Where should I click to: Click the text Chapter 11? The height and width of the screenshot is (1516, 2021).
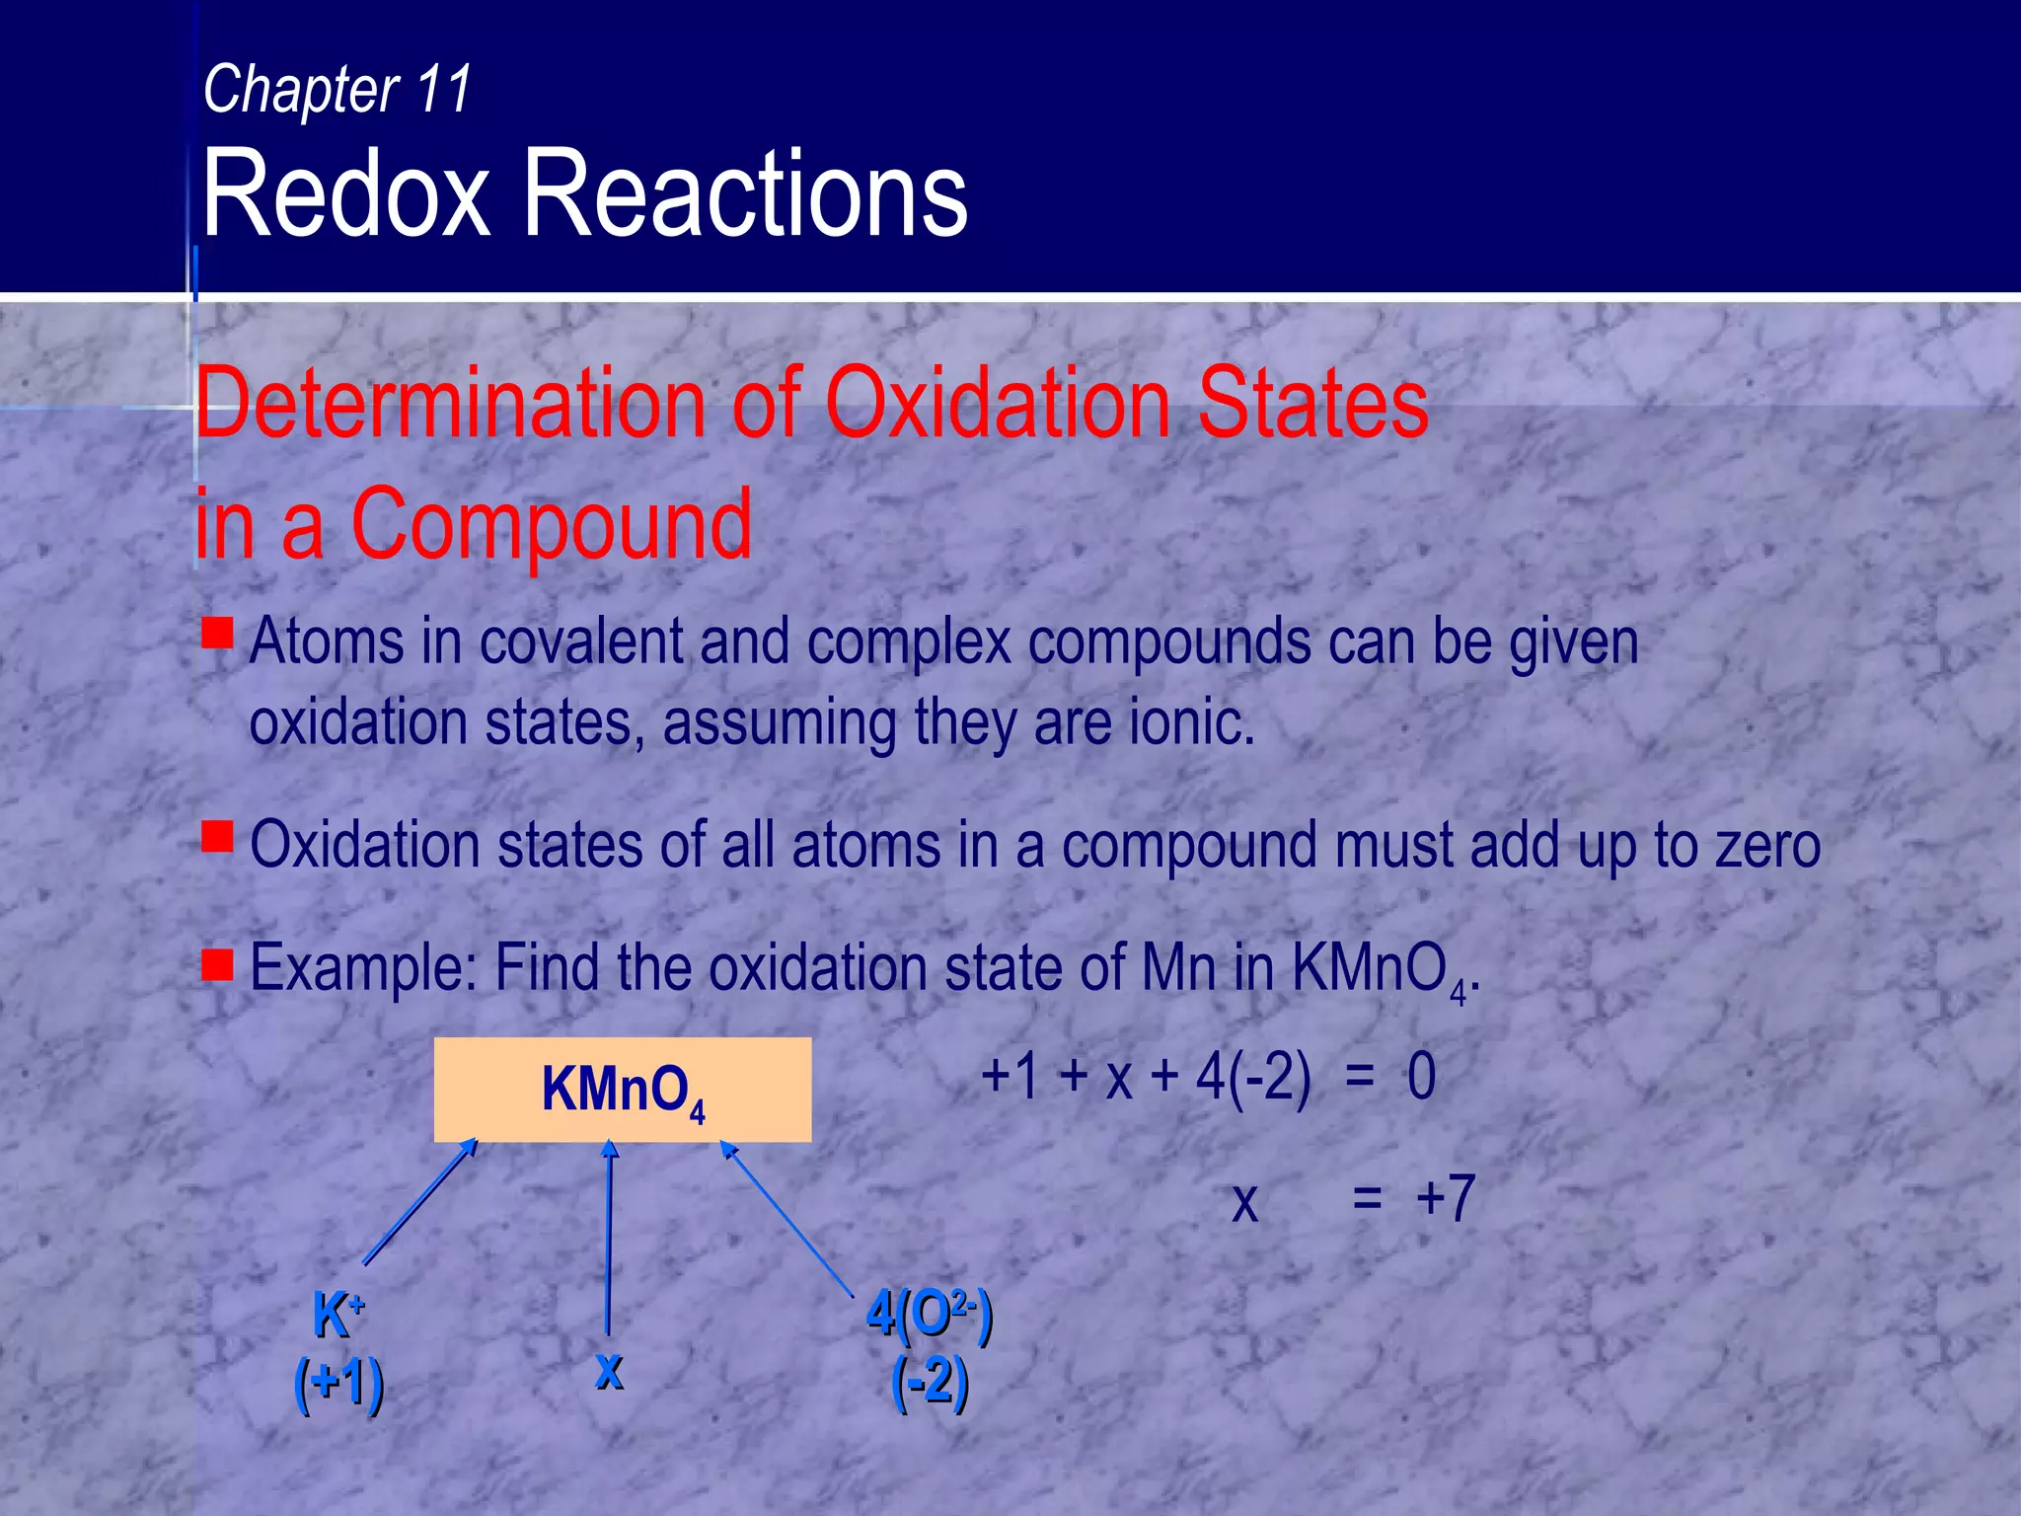pos(337,90)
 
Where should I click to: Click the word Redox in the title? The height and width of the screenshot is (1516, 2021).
pos(345,193)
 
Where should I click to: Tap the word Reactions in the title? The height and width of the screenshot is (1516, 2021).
pos(745,193)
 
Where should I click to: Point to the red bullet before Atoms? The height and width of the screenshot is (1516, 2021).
pos(217,633)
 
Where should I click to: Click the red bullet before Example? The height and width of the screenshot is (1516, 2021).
pos(217,965)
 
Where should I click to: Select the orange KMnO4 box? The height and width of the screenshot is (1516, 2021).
pos(623,1090)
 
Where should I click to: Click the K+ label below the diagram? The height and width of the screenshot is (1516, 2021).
pos(338,1315)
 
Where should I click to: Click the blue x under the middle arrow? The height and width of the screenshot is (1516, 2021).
pos(609,1370)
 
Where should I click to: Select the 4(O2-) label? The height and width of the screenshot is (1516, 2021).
pos(929,1315)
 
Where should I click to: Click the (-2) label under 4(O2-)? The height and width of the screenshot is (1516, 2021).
pos(929,1383)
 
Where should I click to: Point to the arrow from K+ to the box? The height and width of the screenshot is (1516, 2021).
pos(420,1202)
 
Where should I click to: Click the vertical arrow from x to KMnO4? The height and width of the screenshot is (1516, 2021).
pos(609,1239)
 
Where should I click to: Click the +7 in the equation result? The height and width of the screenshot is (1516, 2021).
pos(1445,1200)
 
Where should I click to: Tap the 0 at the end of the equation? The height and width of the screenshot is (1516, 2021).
pos(1421,1076)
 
